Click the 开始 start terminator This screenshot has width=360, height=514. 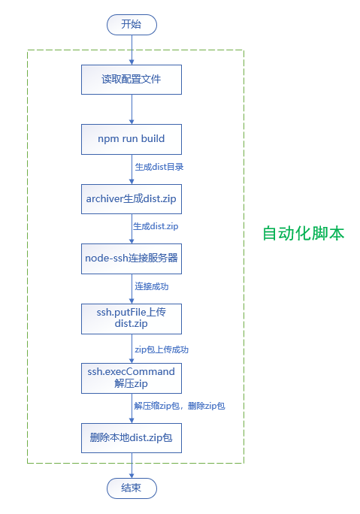click(x=131, y=24)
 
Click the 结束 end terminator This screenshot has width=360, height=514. click(x=131, y=488)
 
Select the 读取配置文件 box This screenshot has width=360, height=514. click(x=131, y=79)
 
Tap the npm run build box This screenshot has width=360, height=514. click(x=131, y=139)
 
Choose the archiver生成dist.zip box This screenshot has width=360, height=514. click(x=131, y=198)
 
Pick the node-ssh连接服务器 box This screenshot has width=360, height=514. click(x=131, y=259)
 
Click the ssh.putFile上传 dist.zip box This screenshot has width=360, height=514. click(x=131, y=318)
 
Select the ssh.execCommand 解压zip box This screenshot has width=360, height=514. click(x=131, y=378)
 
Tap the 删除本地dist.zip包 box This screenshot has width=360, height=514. click(x=131, y=437)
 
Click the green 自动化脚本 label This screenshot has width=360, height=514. click(x=303, y=233)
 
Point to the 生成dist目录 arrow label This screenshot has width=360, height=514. click(x=159, y=167)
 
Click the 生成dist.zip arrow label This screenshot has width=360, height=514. click(x=156, y=226)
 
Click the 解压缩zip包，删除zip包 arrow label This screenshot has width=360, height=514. click(x=179, y=406)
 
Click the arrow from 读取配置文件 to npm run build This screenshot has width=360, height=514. click(x=131, y=109)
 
